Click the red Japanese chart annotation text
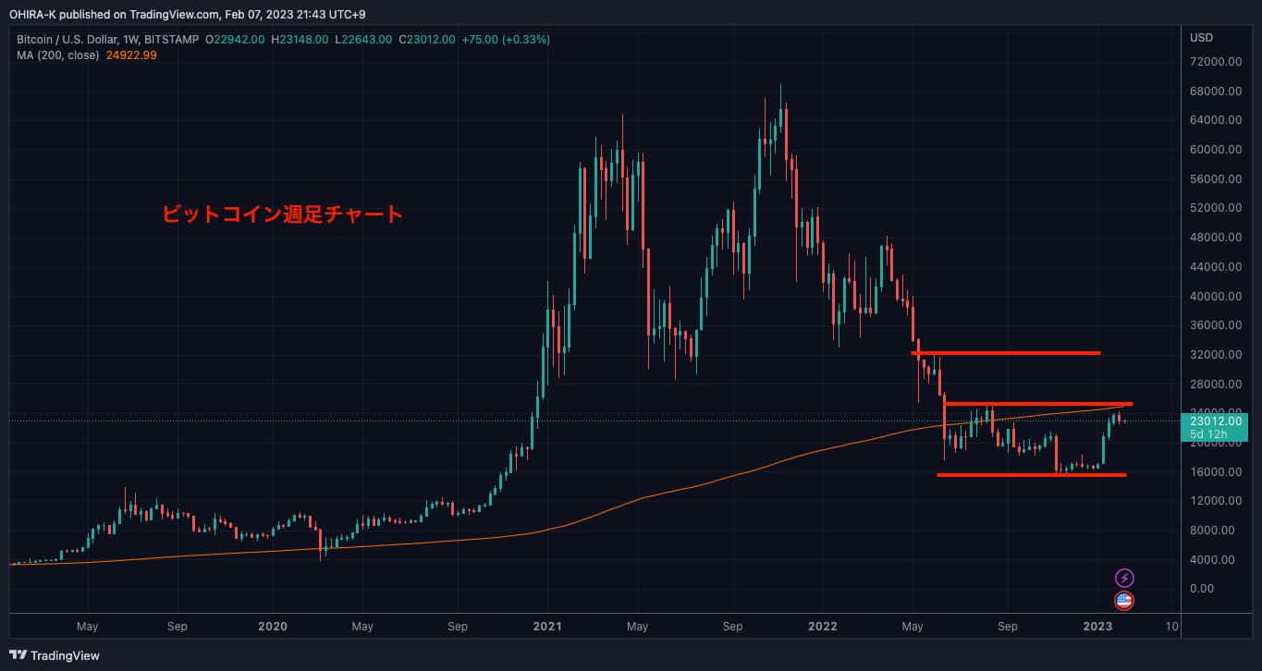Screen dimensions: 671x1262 click(x=282, y=214)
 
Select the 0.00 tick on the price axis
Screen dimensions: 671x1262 click(x=1202, y=589)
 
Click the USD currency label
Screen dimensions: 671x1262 click(x=1202, y=38)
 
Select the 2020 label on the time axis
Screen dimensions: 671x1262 click(x=272, y=627)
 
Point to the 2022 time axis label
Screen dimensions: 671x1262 click(x=822, y=627)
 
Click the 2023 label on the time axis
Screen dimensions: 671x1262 click(x=1097, y=627)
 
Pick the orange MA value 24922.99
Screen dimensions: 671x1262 click(x=132, y=55)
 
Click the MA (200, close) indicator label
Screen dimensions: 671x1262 click(x=56, y=55)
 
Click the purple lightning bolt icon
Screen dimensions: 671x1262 click(x=1124, y=579)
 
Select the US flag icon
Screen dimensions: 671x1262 click(x=1124, y=601)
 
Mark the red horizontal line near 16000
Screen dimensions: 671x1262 click(x=1031, y=475)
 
